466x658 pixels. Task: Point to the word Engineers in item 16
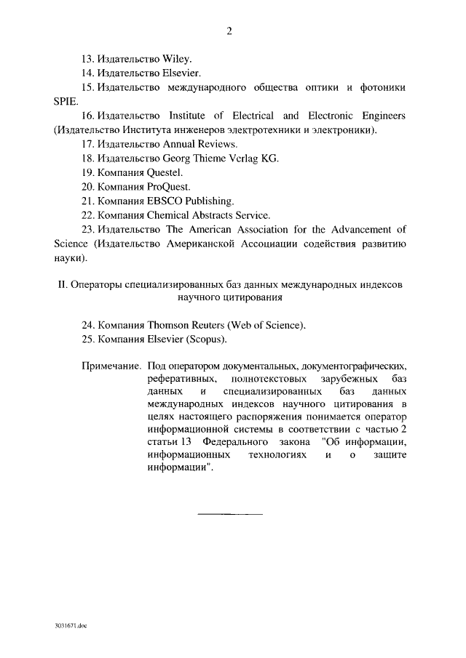pos(382,116)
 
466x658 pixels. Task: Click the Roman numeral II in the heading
pos(62,284)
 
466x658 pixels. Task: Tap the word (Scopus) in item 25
pos(207,340)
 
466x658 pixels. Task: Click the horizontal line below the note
pos(230,514)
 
